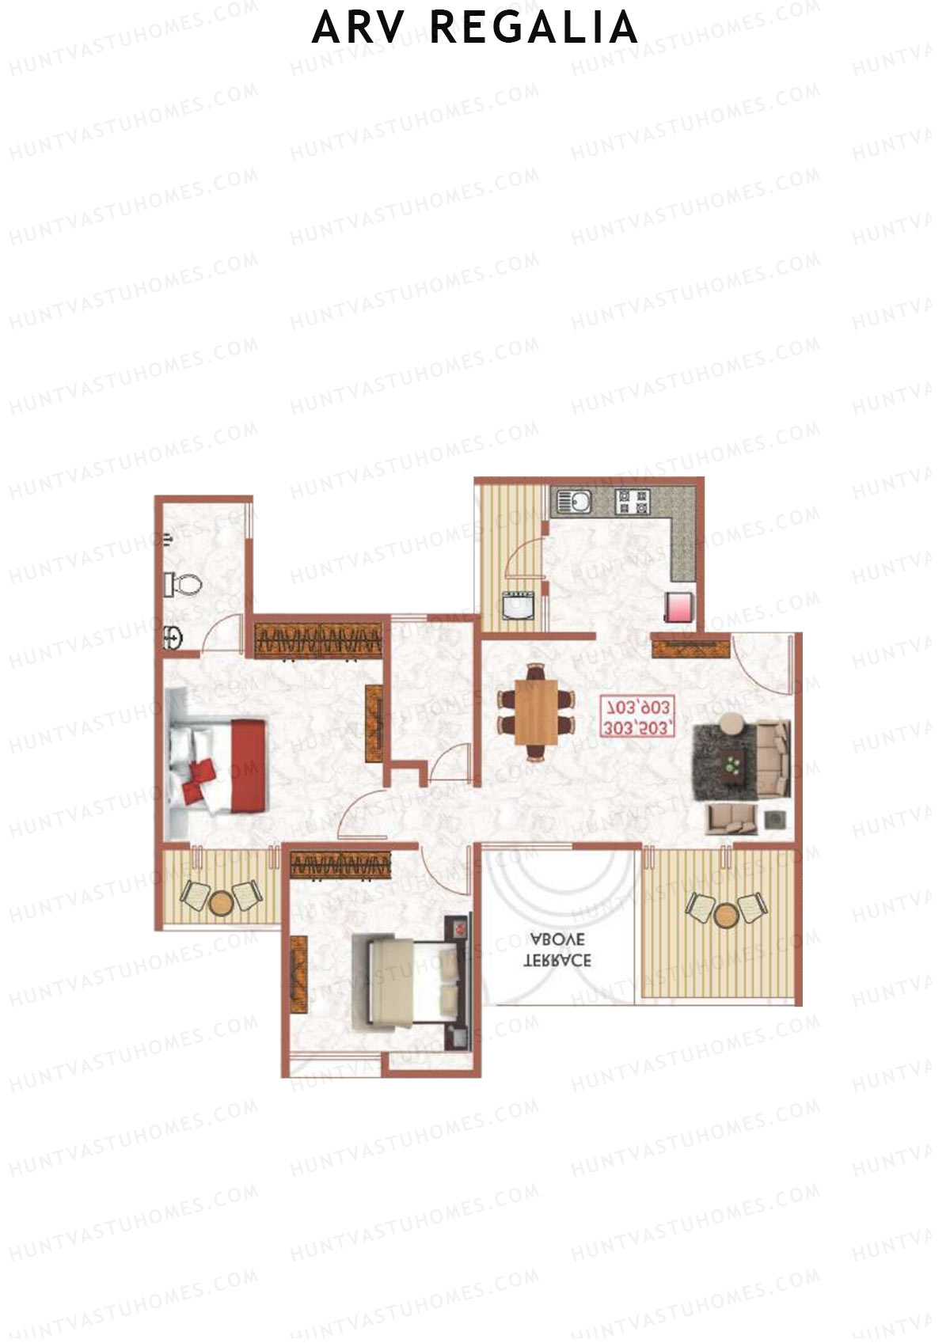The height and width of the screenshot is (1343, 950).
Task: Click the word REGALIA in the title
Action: (x=535, y=28)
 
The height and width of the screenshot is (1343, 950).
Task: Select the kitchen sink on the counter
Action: (x=574, y=501)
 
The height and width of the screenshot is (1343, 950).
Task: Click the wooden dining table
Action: (x=536, y=711)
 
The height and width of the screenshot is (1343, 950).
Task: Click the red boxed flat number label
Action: (x=637, y=717)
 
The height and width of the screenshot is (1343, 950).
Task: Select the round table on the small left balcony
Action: (x=221, y=901)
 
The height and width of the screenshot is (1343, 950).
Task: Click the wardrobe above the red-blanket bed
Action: (x=318, y=640)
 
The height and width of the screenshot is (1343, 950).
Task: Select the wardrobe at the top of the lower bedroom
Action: (x=340, y=864)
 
